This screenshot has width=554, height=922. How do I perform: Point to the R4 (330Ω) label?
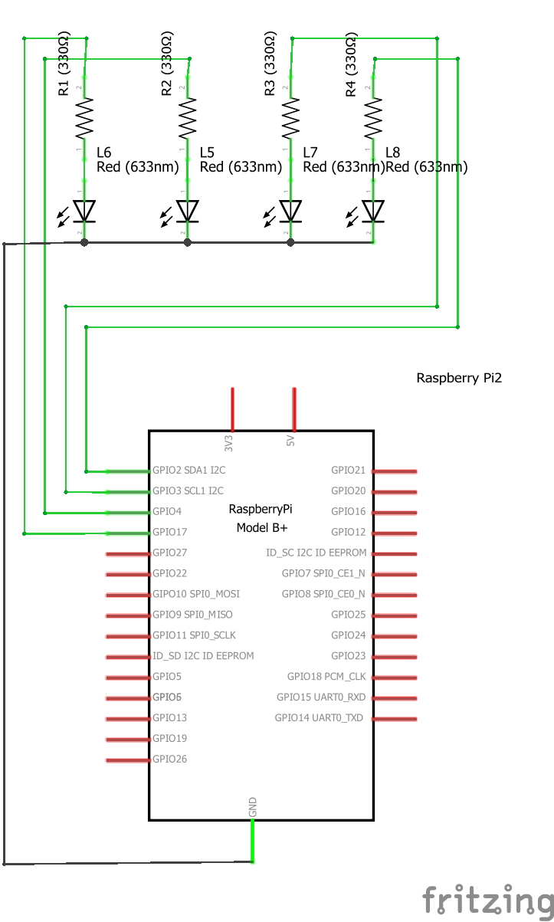click(351, 65)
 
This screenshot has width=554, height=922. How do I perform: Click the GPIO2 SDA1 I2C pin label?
click(188, 470)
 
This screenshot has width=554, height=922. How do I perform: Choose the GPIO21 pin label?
click(348, 470)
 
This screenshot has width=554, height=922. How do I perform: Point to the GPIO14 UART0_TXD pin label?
click(319, 718)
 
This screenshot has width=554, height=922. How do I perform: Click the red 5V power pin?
click(294, 409)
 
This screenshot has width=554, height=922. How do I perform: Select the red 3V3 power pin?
click(232, 409)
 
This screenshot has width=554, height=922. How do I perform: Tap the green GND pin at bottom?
click(253, 841)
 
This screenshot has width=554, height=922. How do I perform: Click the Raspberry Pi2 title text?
click(459, 378)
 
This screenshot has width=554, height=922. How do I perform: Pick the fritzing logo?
click(487, 899)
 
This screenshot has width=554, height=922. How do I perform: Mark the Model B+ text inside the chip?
click(261, 528)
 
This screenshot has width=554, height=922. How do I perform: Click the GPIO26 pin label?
click(169, 760)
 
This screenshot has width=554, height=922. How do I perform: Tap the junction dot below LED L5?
click(187, 242)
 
